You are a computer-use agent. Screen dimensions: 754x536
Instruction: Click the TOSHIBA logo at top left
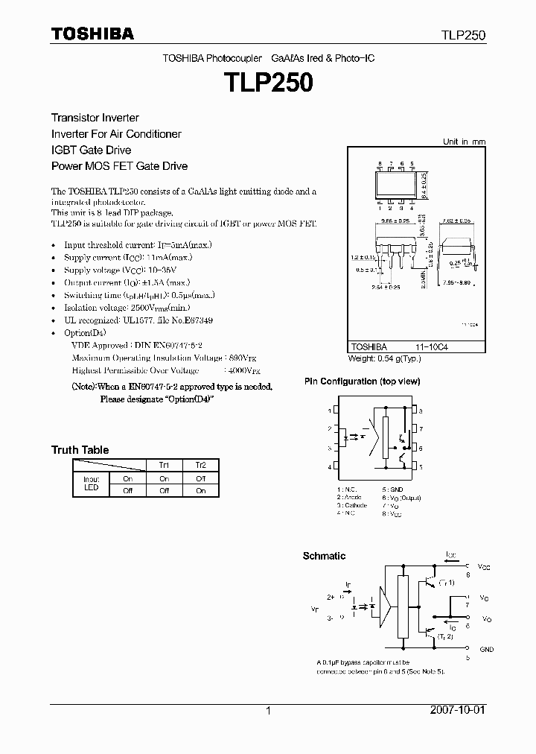(x=92, y=34)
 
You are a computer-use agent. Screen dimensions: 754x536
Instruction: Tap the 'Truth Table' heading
(x=80, y=450)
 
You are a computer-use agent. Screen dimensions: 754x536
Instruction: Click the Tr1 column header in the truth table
(x=164, y=465)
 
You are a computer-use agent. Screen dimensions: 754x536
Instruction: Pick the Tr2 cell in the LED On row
(x=200, y=478)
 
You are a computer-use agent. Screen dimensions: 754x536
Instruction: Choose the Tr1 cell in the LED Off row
(x=164, y=490)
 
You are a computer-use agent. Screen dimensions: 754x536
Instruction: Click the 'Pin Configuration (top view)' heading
(x=362, y=381)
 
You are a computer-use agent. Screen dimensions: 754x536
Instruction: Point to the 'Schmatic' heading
(x=324, y=556)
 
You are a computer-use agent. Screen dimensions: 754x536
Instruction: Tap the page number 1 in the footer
(x=268, y=711)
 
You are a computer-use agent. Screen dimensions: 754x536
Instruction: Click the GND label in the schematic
(x=486, y=650)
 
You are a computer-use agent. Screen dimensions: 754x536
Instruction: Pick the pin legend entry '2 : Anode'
(x=349, y=497)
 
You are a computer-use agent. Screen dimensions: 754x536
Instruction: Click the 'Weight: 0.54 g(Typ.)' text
(x=384, y=358)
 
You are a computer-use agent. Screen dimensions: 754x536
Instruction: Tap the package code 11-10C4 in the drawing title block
(x=432, y=347)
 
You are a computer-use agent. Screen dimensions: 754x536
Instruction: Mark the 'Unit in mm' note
(x=464, y=142)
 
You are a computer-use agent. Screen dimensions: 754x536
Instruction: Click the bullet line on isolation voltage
(x=127, y=308)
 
